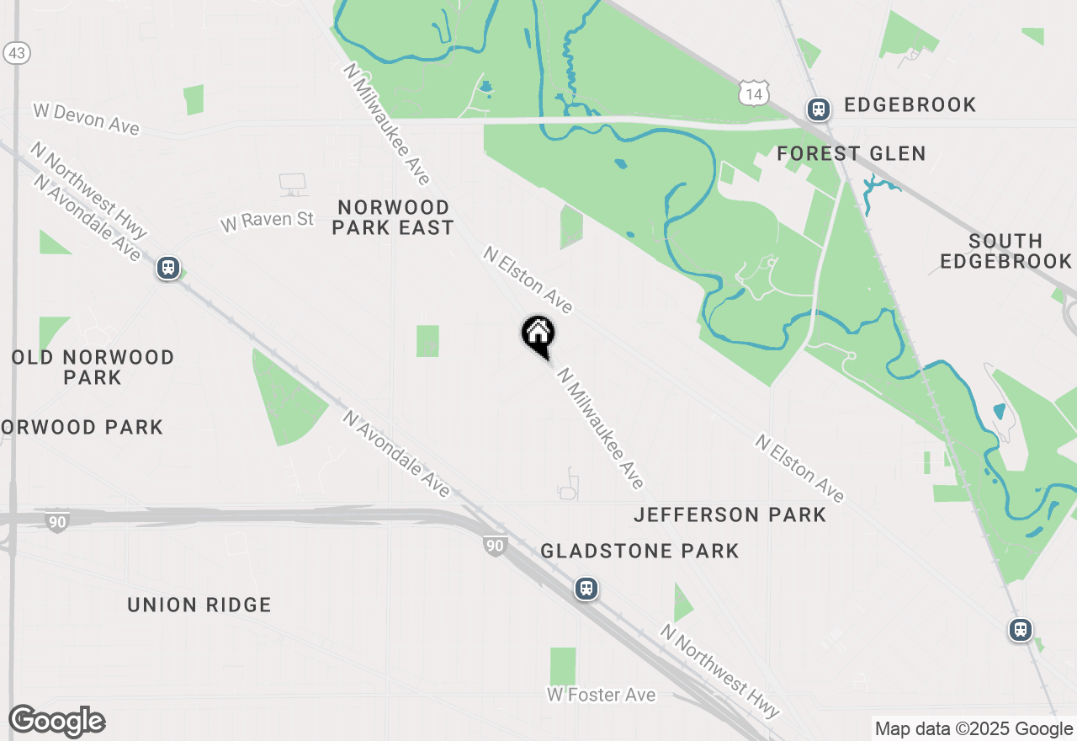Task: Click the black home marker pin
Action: (x=538, y=335)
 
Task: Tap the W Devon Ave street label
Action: (x=85, y=118)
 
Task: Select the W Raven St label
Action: (x=267, y=221)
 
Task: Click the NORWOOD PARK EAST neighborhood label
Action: (x=392, y=217)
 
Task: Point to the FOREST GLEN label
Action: (x=851, y=153)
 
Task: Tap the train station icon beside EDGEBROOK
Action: (x=818, y=109)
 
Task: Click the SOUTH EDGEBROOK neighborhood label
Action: (x=1005, y=251)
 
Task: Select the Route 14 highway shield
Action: (x=752, y=93)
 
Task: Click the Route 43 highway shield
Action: (x=17, y=53)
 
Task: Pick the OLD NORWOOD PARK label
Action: (x=93, y=367)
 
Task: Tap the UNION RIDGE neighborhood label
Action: (x=199, y=605)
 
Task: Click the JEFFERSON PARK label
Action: (x=729, y=514)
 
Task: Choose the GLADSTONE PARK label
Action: (x=639, y=551)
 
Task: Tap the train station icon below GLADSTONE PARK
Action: (x=586, y=589)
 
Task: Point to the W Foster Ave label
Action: (x=601, y=695)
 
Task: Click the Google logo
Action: (x=56, y=722)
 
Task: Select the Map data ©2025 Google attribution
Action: (x=974, y=729)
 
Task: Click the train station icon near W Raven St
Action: (x=168, y=269)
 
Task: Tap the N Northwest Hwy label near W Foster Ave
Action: (x=719, y=669)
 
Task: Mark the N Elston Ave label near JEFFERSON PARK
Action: (x=799, y=468)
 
